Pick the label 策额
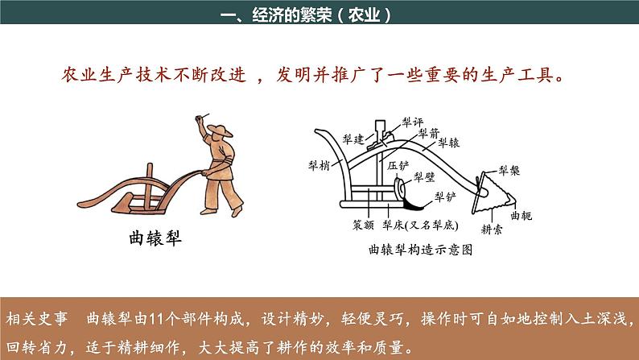pyautogui.click(x=364, y=226)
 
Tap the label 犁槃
pyautogui.click(x=509, y=170)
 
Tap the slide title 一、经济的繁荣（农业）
pyautogui.click(x=305, y=14)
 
